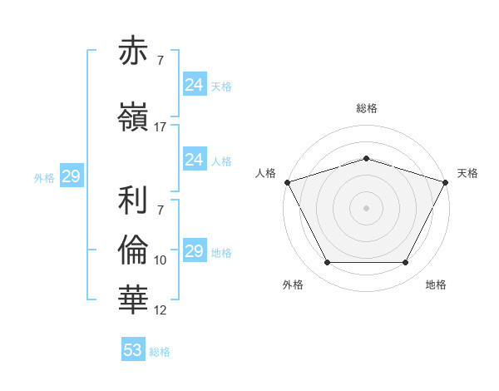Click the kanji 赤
click(x=134, y=52)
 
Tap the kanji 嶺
click(x=134, y=117)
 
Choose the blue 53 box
click(x=133, y=350)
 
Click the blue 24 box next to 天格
click(x=194, y=85)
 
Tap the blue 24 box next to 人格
click(x=194, y=160)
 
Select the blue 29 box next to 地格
click(x=194, y=251)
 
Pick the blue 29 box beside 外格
click(x=71, y=176)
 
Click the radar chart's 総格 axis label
click(x=367, y=108)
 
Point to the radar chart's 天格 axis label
click(x=468, y=173)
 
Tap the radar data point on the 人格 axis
click(x=287, y=181)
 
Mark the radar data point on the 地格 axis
click(x=406, y=263)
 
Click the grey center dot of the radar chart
click(x=367, y=207)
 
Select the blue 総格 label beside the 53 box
click(x=160, y=352)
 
